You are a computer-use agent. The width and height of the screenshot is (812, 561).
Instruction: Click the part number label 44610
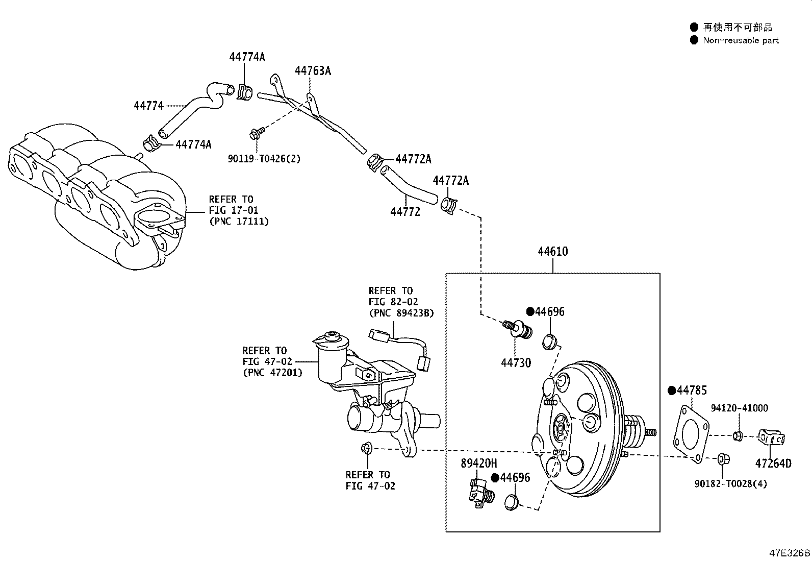[x=552, y=252]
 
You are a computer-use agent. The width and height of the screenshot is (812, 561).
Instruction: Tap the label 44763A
[x=312, y=71]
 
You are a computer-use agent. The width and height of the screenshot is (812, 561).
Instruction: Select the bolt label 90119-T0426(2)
[x=264, y=159]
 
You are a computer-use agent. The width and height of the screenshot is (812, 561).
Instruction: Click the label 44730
[x=516, y=363]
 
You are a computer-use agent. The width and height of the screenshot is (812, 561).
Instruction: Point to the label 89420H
[x=478, y=464]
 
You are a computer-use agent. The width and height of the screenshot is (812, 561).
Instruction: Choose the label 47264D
[x=773, y=464]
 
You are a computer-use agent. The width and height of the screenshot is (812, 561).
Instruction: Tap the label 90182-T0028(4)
[x=730, y=483]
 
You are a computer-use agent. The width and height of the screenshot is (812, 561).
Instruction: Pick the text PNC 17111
[x=238, y=221]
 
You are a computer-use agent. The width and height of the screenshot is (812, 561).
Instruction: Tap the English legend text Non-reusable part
[x=741, y=40]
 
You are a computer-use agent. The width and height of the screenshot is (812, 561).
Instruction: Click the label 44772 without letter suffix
[x=405, y=211]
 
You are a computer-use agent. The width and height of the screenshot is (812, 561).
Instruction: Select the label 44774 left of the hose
[x=148, y=106]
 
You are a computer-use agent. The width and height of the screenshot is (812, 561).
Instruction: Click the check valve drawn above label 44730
[x=520, y=329]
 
